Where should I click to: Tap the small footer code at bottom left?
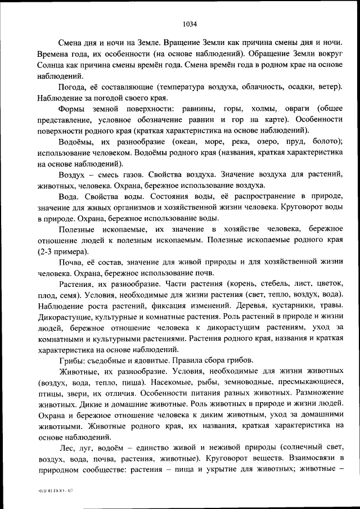(x=56, y=491)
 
